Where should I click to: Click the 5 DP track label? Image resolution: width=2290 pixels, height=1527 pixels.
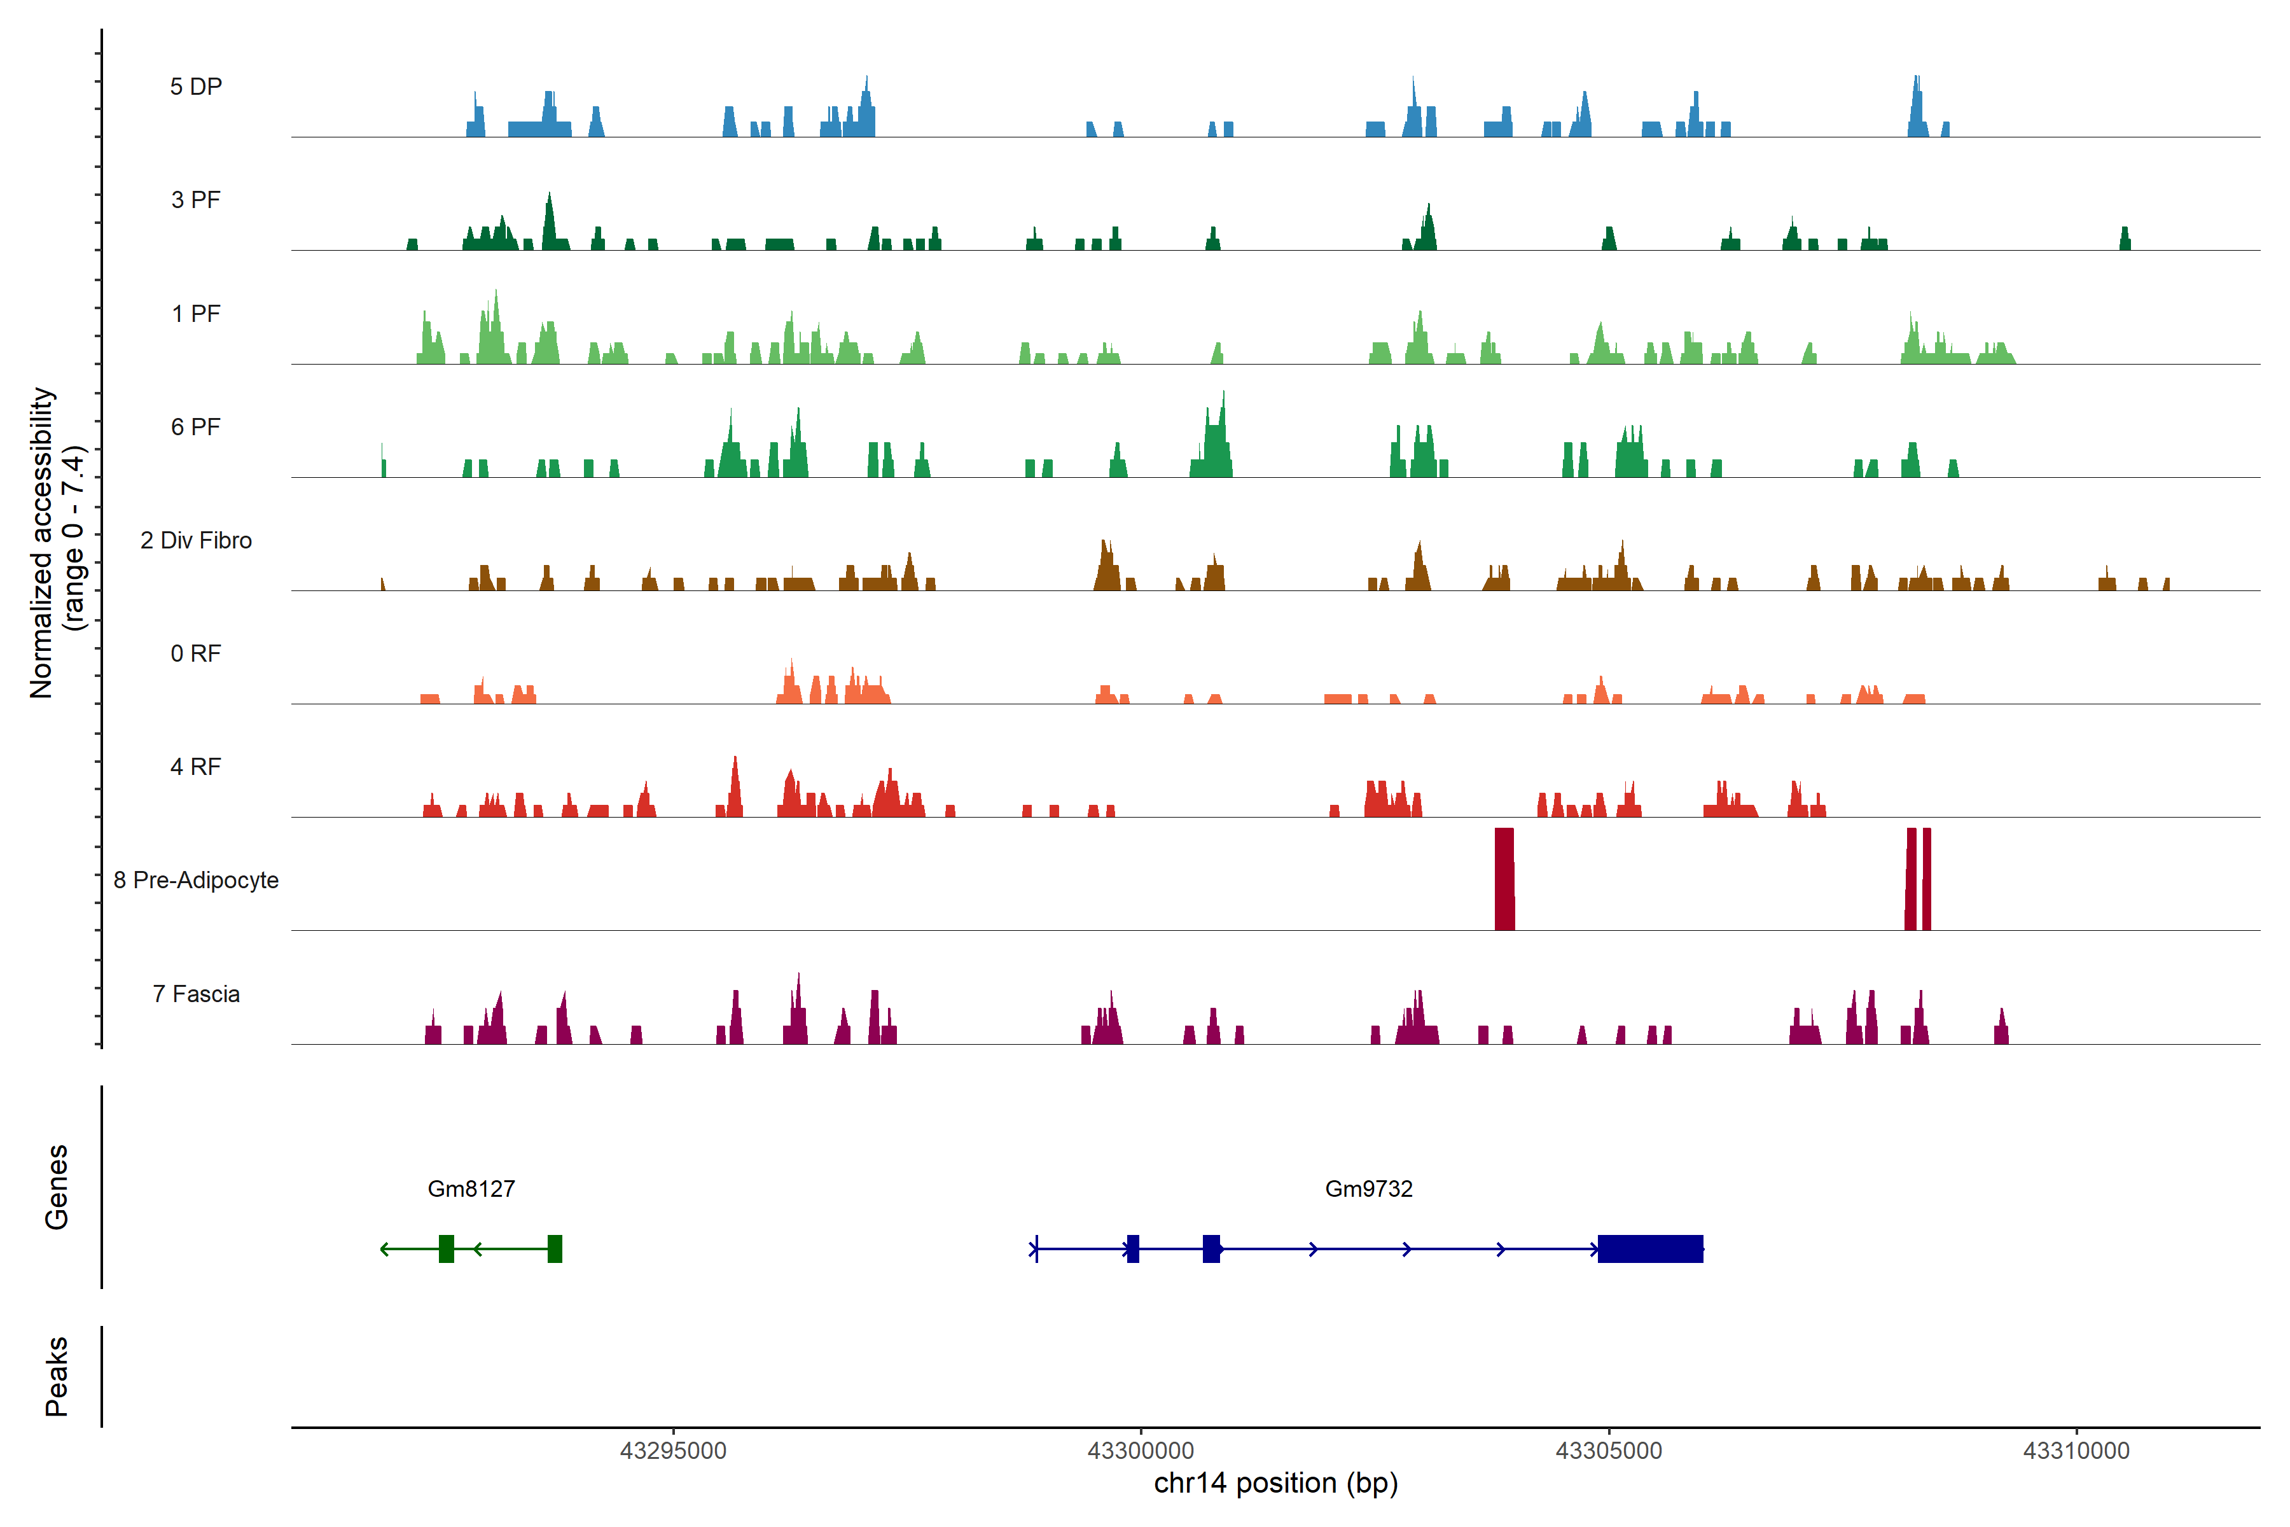click(196, 87)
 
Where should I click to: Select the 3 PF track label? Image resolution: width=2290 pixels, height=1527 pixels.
click(196, 200)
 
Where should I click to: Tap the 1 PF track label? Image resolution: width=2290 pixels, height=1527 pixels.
click(196, 314)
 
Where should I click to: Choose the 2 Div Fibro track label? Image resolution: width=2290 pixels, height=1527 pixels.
click(196, 540)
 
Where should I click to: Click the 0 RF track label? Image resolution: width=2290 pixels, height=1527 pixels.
click(196, 653)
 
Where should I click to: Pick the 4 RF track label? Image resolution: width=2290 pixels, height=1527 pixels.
click(196, 767)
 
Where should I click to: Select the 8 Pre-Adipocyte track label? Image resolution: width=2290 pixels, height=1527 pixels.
click(196, 881)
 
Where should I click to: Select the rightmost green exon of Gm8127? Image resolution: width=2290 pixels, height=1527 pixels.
click(555, 1248)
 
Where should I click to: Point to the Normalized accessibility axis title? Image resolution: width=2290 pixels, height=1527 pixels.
click(57, 543)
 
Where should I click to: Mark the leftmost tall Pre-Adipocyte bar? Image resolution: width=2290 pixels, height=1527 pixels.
click(1504, 879)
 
